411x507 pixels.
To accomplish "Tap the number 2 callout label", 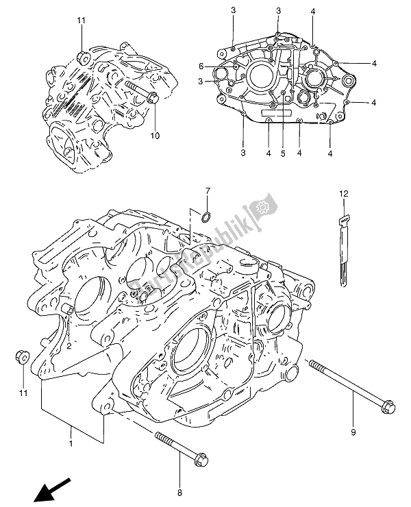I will coord(69,347).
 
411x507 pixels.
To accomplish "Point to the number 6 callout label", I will coord(201,66).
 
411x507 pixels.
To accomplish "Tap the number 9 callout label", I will coord(354,432).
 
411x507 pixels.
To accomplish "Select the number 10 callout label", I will coord(155,136).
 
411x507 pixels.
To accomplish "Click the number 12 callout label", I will coord(342,195).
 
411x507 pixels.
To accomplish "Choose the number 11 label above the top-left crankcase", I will coord(81,21).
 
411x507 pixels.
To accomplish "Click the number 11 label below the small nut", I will coord(23,393).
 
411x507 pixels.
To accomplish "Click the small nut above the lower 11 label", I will coord(21,356).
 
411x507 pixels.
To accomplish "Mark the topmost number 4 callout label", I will coord(312,10).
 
